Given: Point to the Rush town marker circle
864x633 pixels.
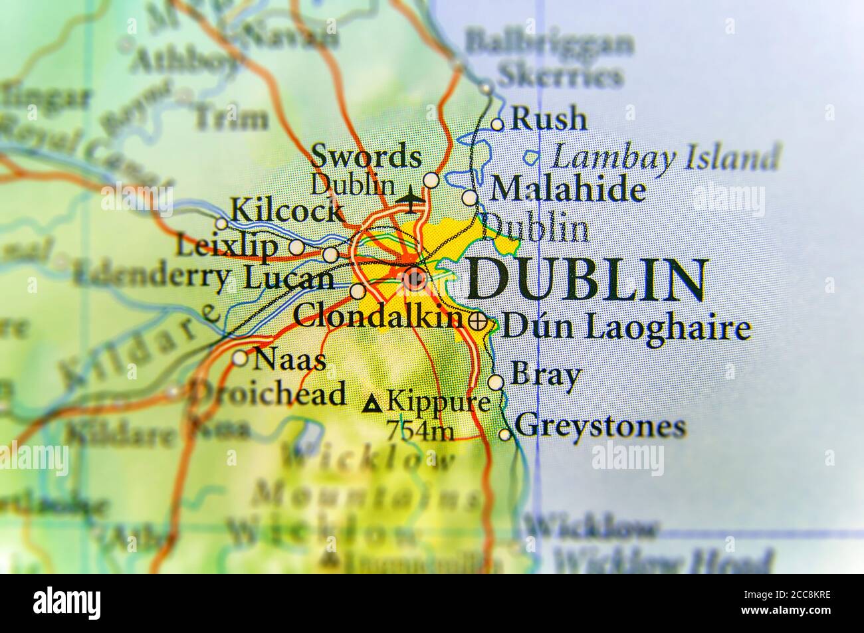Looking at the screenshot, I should [x=497, y=124].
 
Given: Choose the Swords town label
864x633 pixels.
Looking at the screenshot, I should [x=366, y=157].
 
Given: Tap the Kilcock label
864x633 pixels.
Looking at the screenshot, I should [x=286, y=212].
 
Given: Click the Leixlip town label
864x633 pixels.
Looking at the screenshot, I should [x=227, y=246].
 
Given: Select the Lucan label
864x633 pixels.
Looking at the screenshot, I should [x=288, y=279].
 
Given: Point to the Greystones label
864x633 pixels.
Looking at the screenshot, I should [x=599, y=426].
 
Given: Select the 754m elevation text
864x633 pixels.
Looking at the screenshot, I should [x=420, y=432].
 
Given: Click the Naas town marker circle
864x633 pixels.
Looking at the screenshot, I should [x=240, y=359].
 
